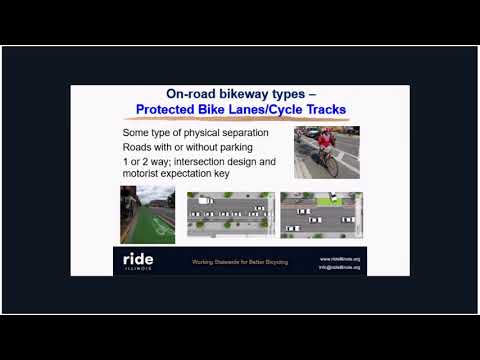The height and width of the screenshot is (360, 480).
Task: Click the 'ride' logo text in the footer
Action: click(138, 259)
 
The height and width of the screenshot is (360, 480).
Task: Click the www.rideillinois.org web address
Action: click(340, 257)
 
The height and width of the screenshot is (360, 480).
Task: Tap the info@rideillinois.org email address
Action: click(340, 266)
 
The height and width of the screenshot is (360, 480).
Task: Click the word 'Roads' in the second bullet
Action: click(138, 146)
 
